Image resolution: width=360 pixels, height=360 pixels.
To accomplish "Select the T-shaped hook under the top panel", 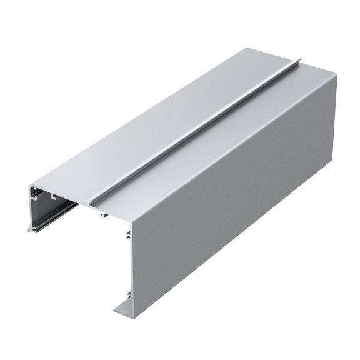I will tap(102, 215).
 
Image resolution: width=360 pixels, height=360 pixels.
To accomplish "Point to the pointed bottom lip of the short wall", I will tap(29, 231).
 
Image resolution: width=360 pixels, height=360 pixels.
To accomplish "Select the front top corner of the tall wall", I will tap(132, 222).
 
